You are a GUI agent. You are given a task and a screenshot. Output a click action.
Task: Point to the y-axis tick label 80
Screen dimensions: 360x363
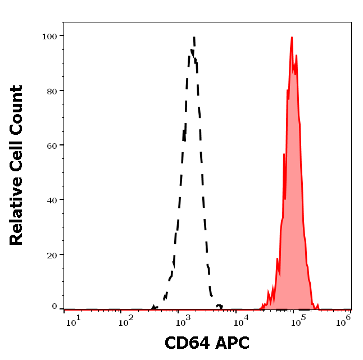(x=51, y=90)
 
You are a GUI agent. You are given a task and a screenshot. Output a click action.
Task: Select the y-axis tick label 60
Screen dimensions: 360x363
(x=51, y=145)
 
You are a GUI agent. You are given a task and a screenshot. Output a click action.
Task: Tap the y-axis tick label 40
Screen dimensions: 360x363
(x=51, y=200)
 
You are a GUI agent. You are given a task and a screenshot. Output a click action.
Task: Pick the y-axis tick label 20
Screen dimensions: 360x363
(x=51, y=254)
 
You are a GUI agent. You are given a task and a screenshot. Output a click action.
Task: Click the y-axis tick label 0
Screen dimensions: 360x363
(x=55, y=307)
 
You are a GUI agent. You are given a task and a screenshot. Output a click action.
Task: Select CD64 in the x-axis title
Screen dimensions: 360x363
(x=185, y=343)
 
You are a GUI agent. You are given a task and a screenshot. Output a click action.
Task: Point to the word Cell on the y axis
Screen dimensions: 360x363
(x=17, y=156)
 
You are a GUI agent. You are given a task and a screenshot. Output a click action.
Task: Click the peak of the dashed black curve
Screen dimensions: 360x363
(x=194, y=38)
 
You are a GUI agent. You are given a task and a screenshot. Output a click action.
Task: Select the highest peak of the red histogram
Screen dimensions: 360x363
(x=292, y=38)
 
